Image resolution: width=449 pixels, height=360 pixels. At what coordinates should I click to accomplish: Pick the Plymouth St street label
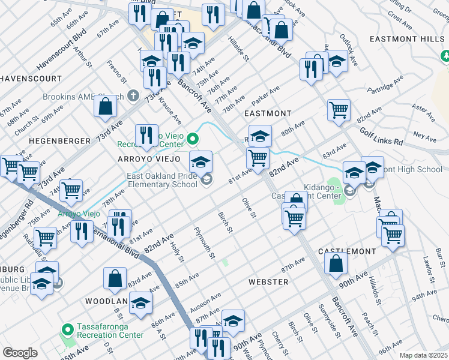(x=204, y=242)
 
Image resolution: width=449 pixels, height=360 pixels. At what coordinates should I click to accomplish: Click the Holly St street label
(x=176, y=250)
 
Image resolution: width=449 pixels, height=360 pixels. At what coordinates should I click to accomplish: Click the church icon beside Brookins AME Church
(x=133, y=95)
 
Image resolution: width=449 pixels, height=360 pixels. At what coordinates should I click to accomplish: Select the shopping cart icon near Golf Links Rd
(x=339, y=110)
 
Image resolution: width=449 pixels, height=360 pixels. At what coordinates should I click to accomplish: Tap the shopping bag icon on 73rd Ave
(x=105, y=106)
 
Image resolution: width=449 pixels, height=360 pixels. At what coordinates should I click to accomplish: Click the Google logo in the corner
(x=20, y=352)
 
